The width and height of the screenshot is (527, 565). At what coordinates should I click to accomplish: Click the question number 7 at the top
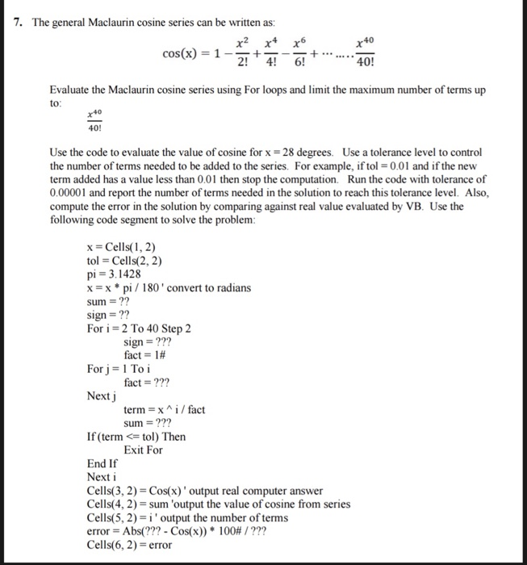(x=18, y=22)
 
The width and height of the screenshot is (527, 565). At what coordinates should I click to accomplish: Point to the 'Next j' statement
(x=102, y=396)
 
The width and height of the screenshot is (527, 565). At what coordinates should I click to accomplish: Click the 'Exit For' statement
(x=143, y=450)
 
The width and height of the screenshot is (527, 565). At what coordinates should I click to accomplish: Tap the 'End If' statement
(x=102, y=464)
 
